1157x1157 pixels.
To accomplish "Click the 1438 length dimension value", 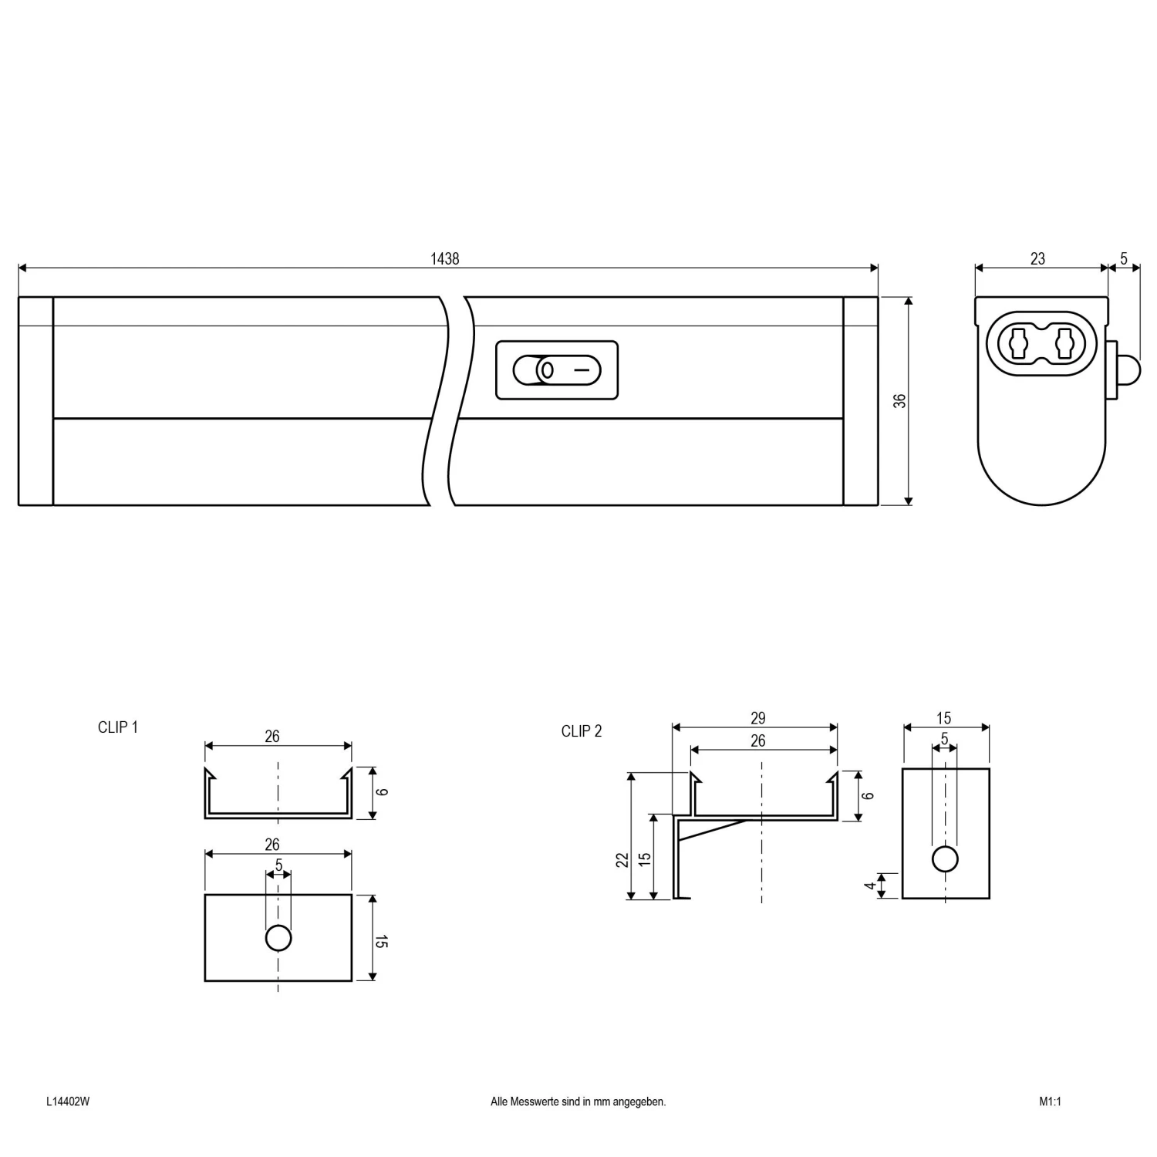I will [x=444, y=259].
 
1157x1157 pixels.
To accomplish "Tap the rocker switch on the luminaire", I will [x=556, y=370].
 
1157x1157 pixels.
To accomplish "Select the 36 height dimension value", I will [x=899, y=401].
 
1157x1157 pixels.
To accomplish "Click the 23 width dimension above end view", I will [x=1037, y=259].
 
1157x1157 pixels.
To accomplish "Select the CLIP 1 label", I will [x=118, y=727].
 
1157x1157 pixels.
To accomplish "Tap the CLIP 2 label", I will [x=582, y=731].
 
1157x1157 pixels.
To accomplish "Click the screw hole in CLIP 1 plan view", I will [x=278, y=938].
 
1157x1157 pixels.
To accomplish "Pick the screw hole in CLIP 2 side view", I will [x=945, y=858].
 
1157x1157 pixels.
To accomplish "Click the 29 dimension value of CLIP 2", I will [x=757, y=718].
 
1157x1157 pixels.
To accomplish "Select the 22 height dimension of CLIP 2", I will [x=622, y=859].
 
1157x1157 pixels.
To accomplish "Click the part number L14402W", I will [x=68, y=1102].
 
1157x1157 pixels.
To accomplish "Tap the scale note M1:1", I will [x=1050, y=1102].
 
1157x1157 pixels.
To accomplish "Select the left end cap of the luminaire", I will [x=35, y=401].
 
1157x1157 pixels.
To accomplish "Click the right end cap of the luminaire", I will [x=860, y=401].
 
